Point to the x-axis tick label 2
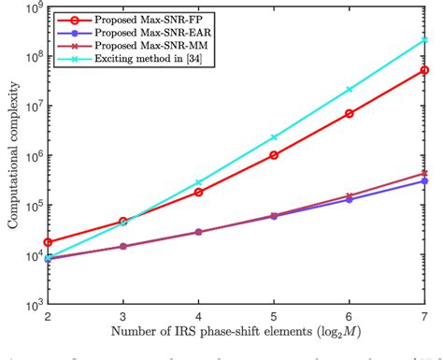click(x=47, y=318)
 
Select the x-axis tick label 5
click(x=273, y=318)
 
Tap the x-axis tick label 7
click(x=424, y=318)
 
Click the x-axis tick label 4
click(x=198, y=318)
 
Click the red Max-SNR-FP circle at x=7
click(x=424, y=70)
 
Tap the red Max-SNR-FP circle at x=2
click(x=47, y=242)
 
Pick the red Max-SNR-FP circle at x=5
click(x=273, y=155)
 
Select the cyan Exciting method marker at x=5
click(x=273, y=137)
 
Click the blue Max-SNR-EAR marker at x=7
click(x=424, y=180)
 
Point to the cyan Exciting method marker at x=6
click(x=349, y=90)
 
